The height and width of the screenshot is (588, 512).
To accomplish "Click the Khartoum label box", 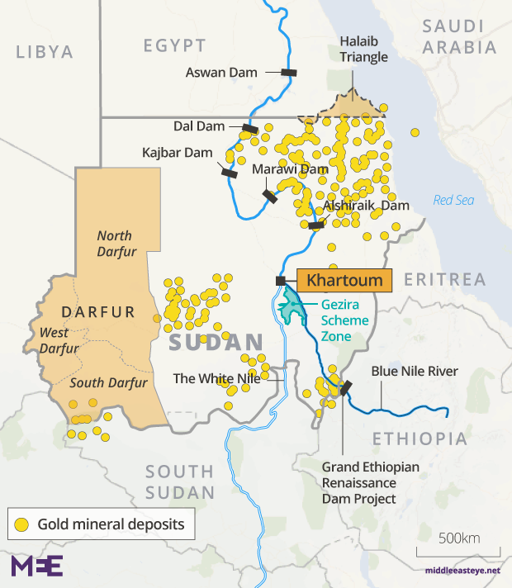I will [x=344, y=281].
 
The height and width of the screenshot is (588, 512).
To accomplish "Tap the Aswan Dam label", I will [x=221, y=73].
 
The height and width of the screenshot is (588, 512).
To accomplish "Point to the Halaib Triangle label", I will [x=363, y=49].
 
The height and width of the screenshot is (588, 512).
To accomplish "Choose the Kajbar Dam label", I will [x=178, y=154].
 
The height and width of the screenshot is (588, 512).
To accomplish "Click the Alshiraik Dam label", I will [x=366, y=206].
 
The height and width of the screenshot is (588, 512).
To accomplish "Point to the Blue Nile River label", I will [x=414, y=372].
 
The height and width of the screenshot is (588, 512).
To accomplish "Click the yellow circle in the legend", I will [x=21, y=524].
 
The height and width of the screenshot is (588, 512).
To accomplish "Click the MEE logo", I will [x=36, y=566].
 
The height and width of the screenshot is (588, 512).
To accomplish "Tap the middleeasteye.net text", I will [x=463, y=571].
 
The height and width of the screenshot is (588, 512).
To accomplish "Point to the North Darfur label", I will [x=114, y=244].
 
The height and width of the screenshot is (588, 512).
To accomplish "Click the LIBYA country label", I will [x=45, y=52].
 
